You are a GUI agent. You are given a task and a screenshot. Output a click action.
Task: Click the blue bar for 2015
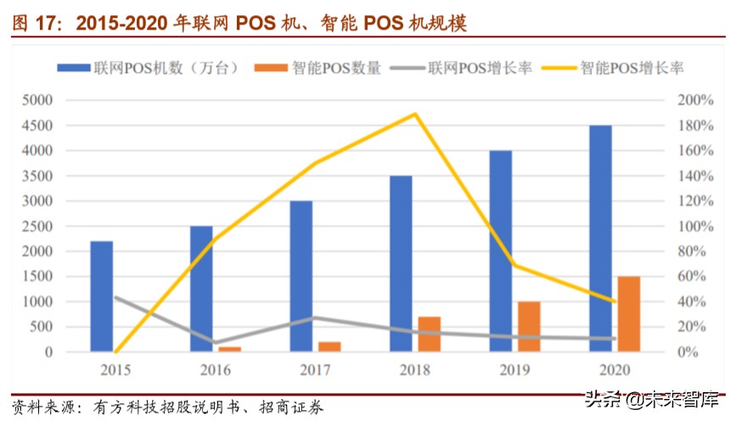[102, 296]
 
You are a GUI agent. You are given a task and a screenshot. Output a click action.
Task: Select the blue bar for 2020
[601, 239]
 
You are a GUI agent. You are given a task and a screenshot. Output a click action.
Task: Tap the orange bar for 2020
[628, 314]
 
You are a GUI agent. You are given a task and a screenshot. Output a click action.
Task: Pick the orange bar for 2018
[430, 334]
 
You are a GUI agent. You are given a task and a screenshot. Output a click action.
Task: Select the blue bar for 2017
[301, 276]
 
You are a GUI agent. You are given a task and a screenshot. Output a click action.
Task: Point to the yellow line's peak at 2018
[415, 114]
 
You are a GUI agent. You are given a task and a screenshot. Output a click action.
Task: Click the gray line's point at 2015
[115, 297]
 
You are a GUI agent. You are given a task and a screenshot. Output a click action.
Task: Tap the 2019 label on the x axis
[515, 370]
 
